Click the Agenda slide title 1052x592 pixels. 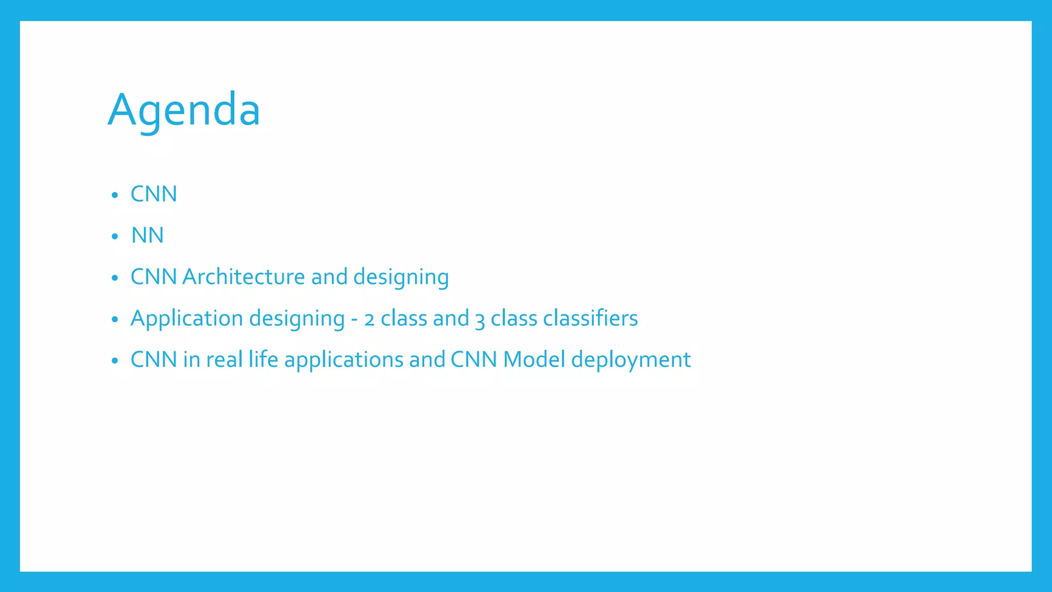pos(184,109)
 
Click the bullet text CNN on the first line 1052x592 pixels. pos(154,194)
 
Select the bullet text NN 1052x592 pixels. pos(147,235)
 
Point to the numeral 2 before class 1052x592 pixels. pos(369,320)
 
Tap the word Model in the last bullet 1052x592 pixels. pos(534,360)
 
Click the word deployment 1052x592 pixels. pos(631,360)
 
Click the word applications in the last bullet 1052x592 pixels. pos(344,360)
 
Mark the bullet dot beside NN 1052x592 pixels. pos(115,236)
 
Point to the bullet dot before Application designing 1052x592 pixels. pos(115,320)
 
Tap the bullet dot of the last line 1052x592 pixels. pos(115,361)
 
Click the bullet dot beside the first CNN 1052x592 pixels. pos(115,195)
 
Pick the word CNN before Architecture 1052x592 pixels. pos(154,277)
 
